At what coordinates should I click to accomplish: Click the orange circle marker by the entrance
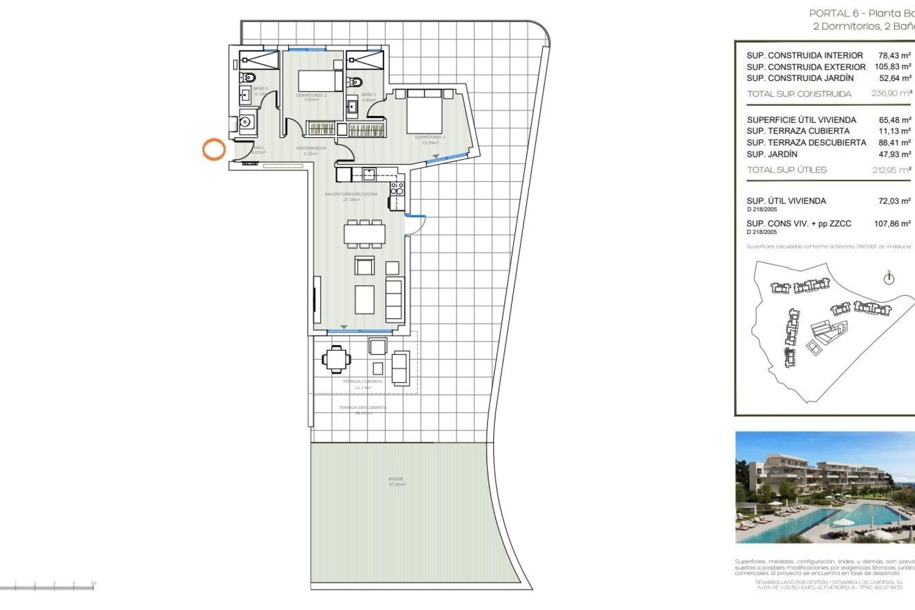click(x=213, y=149)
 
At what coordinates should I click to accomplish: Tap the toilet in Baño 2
click(x=248, y=77)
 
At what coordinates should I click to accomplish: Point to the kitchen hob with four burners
click(x=397, y=189)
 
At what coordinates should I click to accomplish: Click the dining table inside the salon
click(x=365, y=234)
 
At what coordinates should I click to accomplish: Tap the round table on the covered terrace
click(x=336, y=358)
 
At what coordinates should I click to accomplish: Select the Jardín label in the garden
click(x=396, y=479)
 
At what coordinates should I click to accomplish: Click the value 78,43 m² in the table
click(x=895, y=55)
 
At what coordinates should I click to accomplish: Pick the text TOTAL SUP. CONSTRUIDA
click(x=799, y=94)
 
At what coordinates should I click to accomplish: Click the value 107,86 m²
click(x=892, y=224)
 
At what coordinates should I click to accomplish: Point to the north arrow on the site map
click(x=889, y=278)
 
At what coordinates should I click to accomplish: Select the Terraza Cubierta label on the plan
click(x=362, y=382)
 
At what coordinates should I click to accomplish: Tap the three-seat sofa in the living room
click(x=394, y=299)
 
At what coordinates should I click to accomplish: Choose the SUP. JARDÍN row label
click(x=772, y=154)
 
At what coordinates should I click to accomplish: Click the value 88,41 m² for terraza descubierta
click(x=895, y=142)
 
